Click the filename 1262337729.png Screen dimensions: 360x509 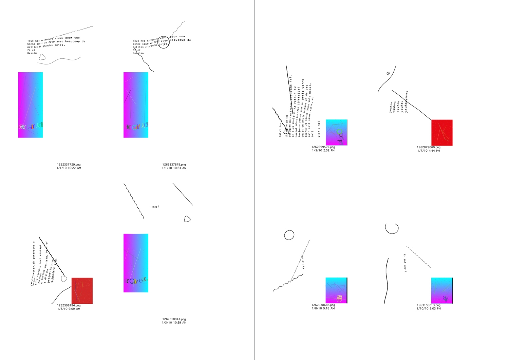(x=69, y=165)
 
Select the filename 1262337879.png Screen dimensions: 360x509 (x=174, y=165)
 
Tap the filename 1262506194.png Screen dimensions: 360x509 (x=69, y=305)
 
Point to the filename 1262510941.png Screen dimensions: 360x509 (x=174, y=319)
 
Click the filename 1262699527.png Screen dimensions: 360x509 (x=323, y=147)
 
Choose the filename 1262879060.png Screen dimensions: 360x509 (x=429, y=147)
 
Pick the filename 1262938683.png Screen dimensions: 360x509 (x=323, y=305)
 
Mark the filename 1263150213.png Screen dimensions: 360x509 (x=429, y=305)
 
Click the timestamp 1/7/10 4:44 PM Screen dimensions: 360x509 (x=429, y=151)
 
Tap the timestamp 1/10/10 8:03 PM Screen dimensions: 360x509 (x=429, y=308)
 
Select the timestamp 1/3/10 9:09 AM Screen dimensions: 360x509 (x=69, y=309)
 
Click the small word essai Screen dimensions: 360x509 (x=155, y=207)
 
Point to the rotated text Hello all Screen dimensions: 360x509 (x=303, y=262)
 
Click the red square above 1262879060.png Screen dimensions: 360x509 (x=442, y=133)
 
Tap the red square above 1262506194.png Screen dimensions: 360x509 (x=82, y=291)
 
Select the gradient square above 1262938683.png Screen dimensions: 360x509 (x=336, y=290)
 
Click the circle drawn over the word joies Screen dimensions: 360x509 (x=164, y=43)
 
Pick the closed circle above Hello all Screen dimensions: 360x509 (x=289, y=235)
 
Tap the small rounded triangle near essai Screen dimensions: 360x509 (x=187, y=219)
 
